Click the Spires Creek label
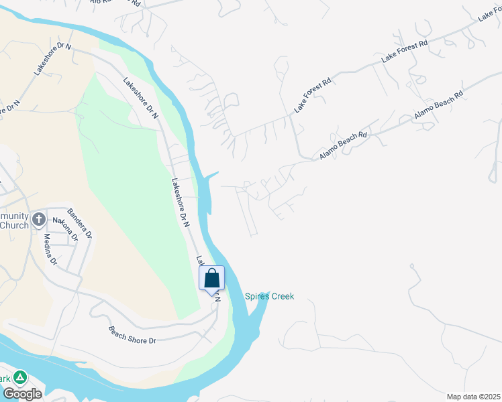coord(269,296)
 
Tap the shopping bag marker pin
coord(212,279)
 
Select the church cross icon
coord(40,219)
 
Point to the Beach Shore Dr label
coord(132,335)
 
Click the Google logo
coord(22,394)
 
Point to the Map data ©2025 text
coord(472,397)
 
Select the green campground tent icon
coord(20,377)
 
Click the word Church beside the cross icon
coord(14,225)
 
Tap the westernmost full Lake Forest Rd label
coord(313,95)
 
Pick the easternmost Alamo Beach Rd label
coord(439,105)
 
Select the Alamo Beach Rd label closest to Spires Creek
coord(344,145)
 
